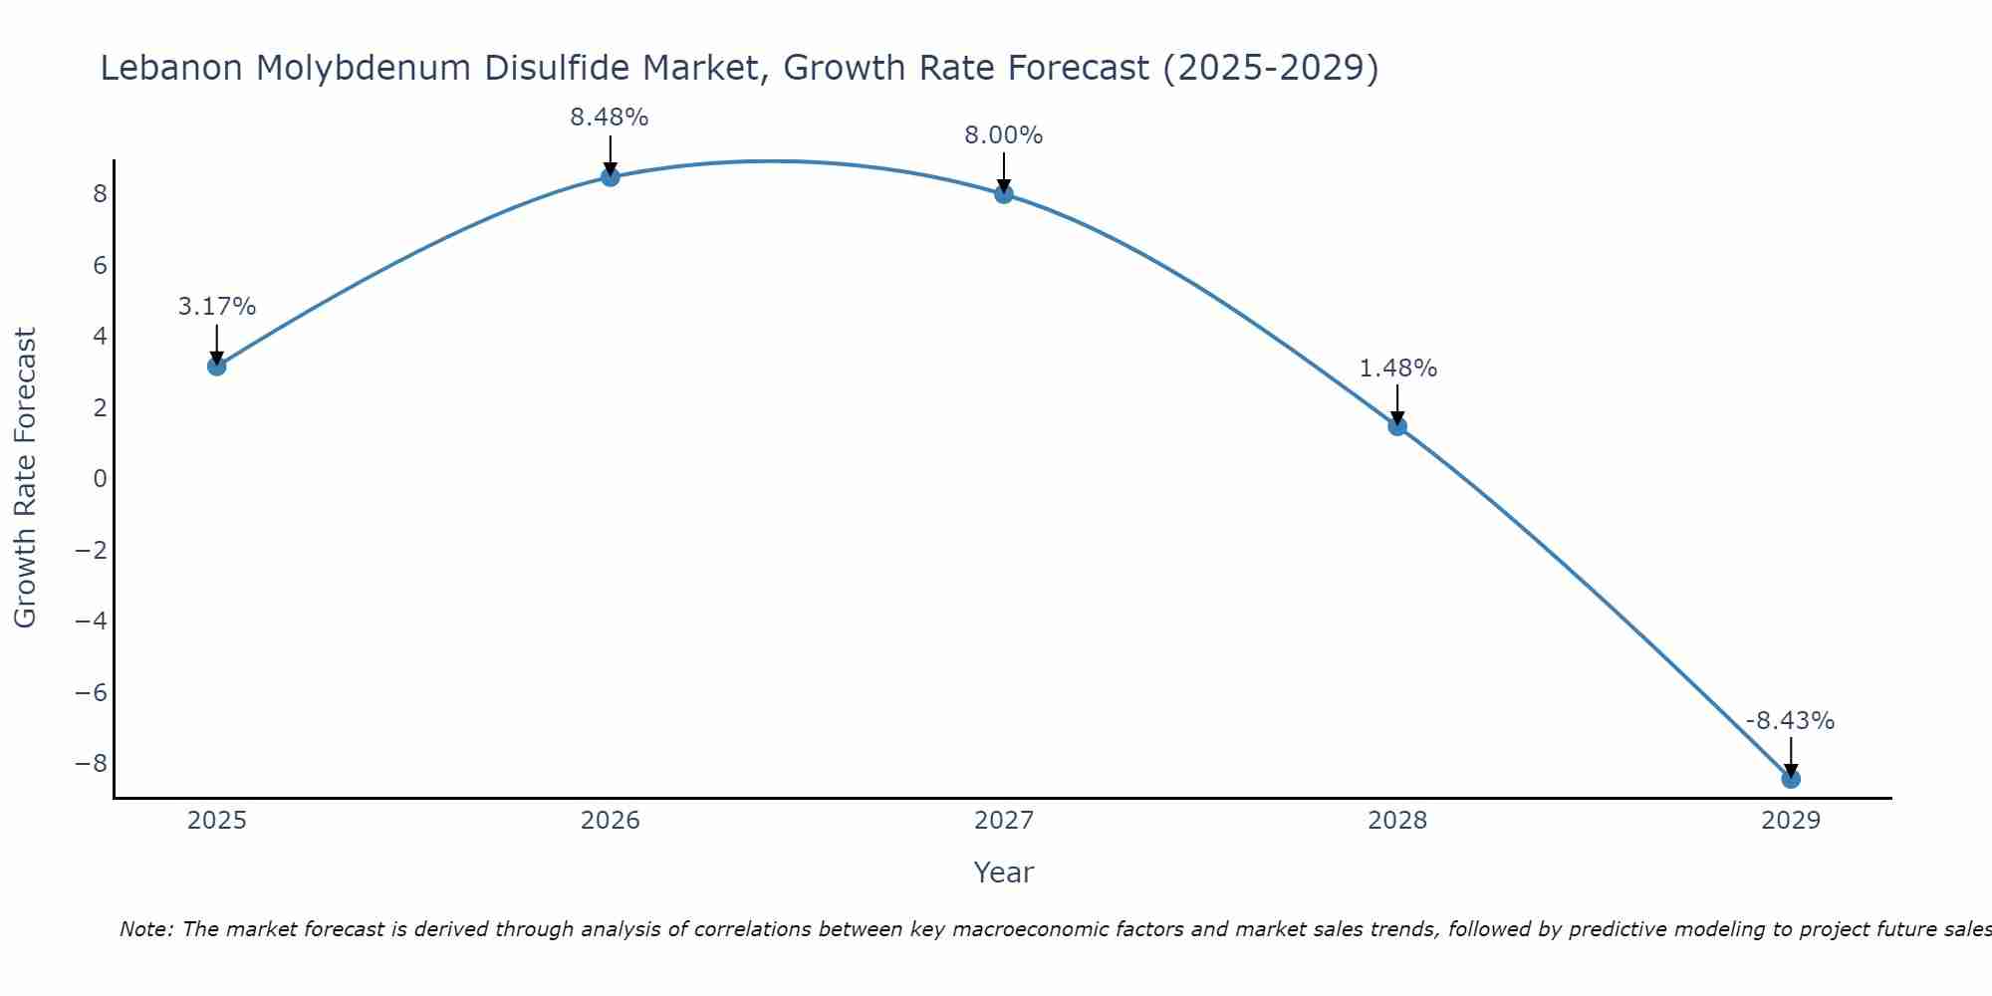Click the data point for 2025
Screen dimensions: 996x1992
217,367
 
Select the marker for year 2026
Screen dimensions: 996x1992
611,177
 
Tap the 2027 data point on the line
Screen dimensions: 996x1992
1004,194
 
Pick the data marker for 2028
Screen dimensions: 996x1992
1397,426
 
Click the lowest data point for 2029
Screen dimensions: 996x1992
1791,779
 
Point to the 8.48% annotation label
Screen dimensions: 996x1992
610,118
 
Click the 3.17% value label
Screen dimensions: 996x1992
217,307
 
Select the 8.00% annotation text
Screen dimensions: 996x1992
1004,135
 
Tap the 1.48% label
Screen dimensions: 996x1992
1397,369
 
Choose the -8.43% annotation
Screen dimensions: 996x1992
1790,721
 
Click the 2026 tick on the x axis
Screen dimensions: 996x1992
611,821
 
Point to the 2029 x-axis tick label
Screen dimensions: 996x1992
1791,821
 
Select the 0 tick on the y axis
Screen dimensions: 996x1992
100,479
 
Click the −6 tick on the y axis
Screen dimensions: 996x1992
92,693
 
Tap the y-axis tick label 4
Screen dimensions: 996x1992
100,337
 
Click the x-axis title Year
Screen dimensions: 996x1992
1004,872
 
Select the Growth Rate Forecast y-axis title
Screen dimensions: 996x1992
25,478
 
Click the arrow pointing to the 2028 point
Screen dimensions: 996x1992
1397,404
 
